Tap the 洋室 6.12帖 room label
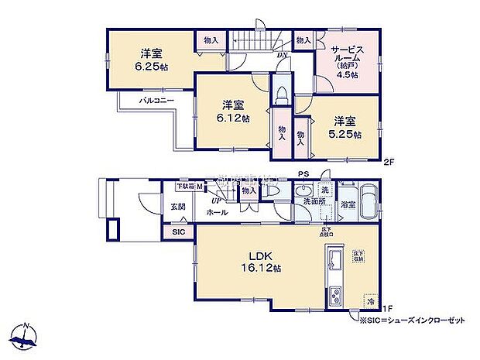tap(232, 111)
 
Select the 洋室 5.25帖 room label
tap(345, 127)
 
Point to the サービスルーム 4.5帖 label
tap(345, 59)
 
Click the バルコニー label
tap(156, 101)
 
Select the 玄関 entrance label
tap(177, 206)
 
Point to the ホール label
tap(218, 211)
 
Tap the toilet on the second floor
tap(283, 93)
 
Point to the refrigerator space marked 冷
tap(371, 300)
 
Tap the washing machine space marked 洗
tap(325, 190)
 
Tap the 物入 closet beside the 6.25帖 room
tap(211, 40)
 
